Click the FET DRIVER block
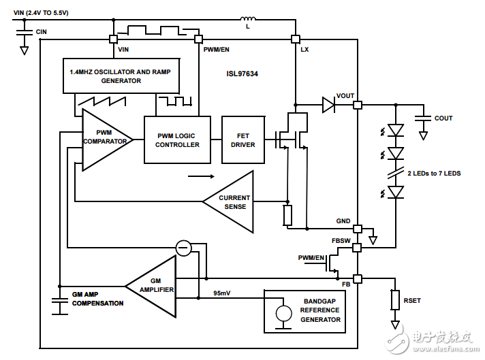click(x=243, y=140)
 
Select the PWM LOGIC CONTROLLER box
click(x=177, y=140)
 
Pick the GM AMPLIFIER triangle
click(x=156, y=285)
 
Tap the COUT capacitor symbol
click(x=423, y=118)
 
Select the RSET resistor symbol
click(x=395, y=299)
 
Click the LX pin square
click(x=296, y=39)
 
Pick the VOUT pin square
click(x=358, y=105)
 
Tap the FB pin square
click(x=358, y=278)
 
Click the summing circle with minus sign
click(x=183, y=248)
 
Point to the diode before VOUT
click(x=329, y=105)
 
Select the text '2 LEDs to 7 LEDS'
click(x=434, y=174)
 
